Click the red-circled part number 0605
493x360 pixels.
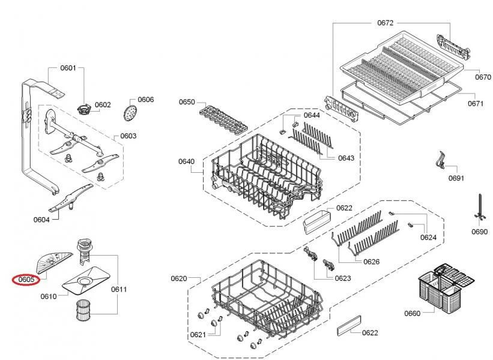tap(26, 279)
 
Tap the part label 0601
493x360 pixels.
tap(68, 68)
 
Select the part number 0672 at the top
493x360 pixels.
tap(385, 23)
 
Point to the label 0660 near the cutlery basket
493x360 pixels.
tap(412, 313)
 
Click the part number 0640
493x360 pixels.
tap(186, 161)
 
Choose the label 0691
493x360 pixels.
tap(456, 178)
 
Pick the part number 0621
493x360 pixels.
tap(198, 335)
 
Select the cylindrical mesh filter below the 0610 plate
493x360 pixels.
tap(83, 310)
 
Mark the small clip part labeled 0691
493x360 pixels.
tap(441, 160)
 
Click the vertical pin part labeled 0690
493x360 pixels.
tap(481, 209)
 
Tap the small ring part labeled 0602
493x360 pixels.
tap(84, 109)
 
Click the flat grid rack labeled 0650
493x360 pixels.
tap(223, 121)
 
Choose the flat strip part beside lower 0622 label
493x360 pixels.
tap(349, 326)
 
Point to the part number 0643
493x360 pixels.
tap(346, 158)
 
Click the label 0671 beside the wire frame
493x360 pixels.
tap(476, 103)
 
